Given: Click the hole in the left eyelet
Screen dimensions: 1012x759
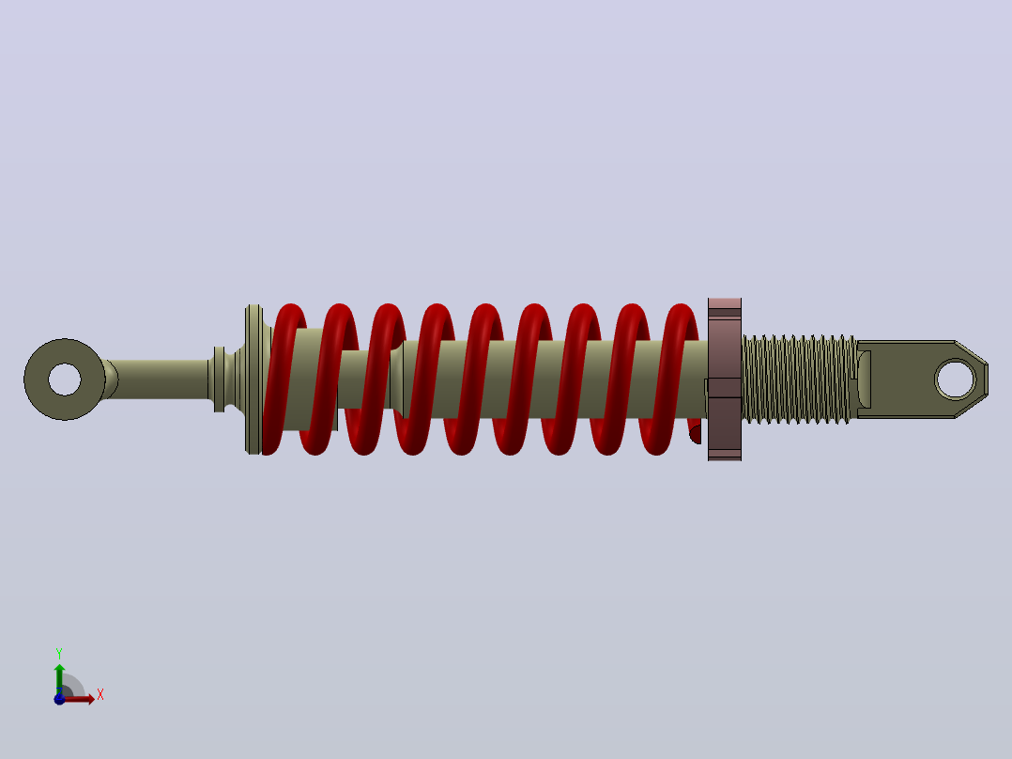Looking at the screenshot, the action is pos(65,379).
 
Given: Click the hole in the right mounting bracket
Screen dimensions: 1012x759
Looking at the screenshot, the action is pos(956,379).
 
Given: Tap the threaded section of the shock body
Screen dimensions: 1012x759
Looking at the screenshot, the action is pos(799,379).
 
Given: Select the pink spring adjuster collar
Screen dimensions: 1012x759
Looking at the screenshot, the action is pos(725,379).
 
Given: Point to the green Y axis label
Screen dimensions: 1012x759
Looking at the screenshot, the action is pos(59,654).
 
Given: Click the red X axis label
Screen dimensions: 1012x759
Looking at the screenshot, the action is pos(100,695).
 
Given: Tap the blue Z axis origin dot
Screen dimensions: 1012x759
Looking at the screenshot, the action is pos(59,699).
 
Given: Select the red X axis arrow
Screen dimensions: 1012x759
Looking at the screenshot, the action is pos(77,699).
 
